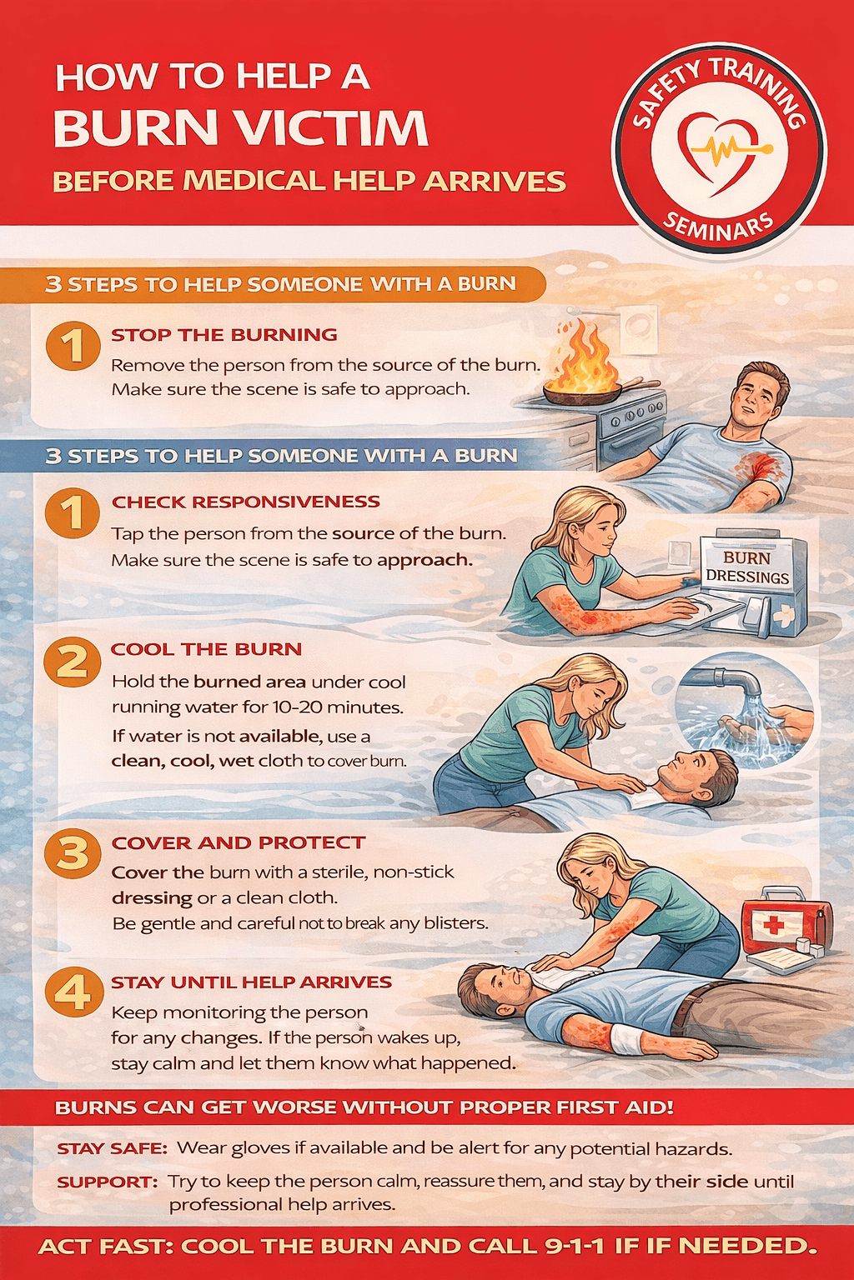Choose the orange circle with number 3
[x=72, y=853]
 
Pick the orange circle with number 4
[x=72, y=992]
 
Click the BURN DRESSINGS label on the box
[x=747, y=567]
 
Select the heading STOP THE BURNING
[x=224, y=335]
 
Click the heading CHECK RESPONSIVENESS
[x=246, y=502]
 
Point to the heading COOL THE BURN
[x=206, y=649]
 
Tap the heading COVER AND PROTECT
[x=239, y=842]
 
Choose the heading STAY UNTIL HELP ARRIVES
[x=251, y=982]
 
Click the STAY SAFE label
[x=112, y=1148]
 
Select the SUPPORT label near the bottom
[x=107, y=1182]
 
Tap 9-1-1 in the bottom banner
[x=575, y=1246]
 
